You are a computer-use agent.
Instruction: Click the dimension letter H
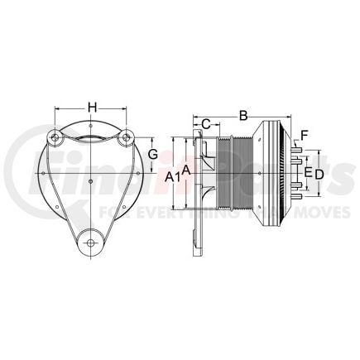(x=93, y=107)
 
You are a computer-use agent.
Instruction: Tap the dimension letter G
(x=152, y=154)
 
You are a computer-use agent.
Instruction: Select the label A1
(x=171, y=175)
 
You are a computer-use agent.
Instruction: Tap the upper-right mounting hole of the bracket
(x=126, y=139)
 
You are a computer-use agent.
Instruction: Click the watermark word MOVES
(x=305, y=213)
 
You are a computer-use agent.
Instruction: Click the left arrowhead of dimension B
(x=195, y=116)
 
